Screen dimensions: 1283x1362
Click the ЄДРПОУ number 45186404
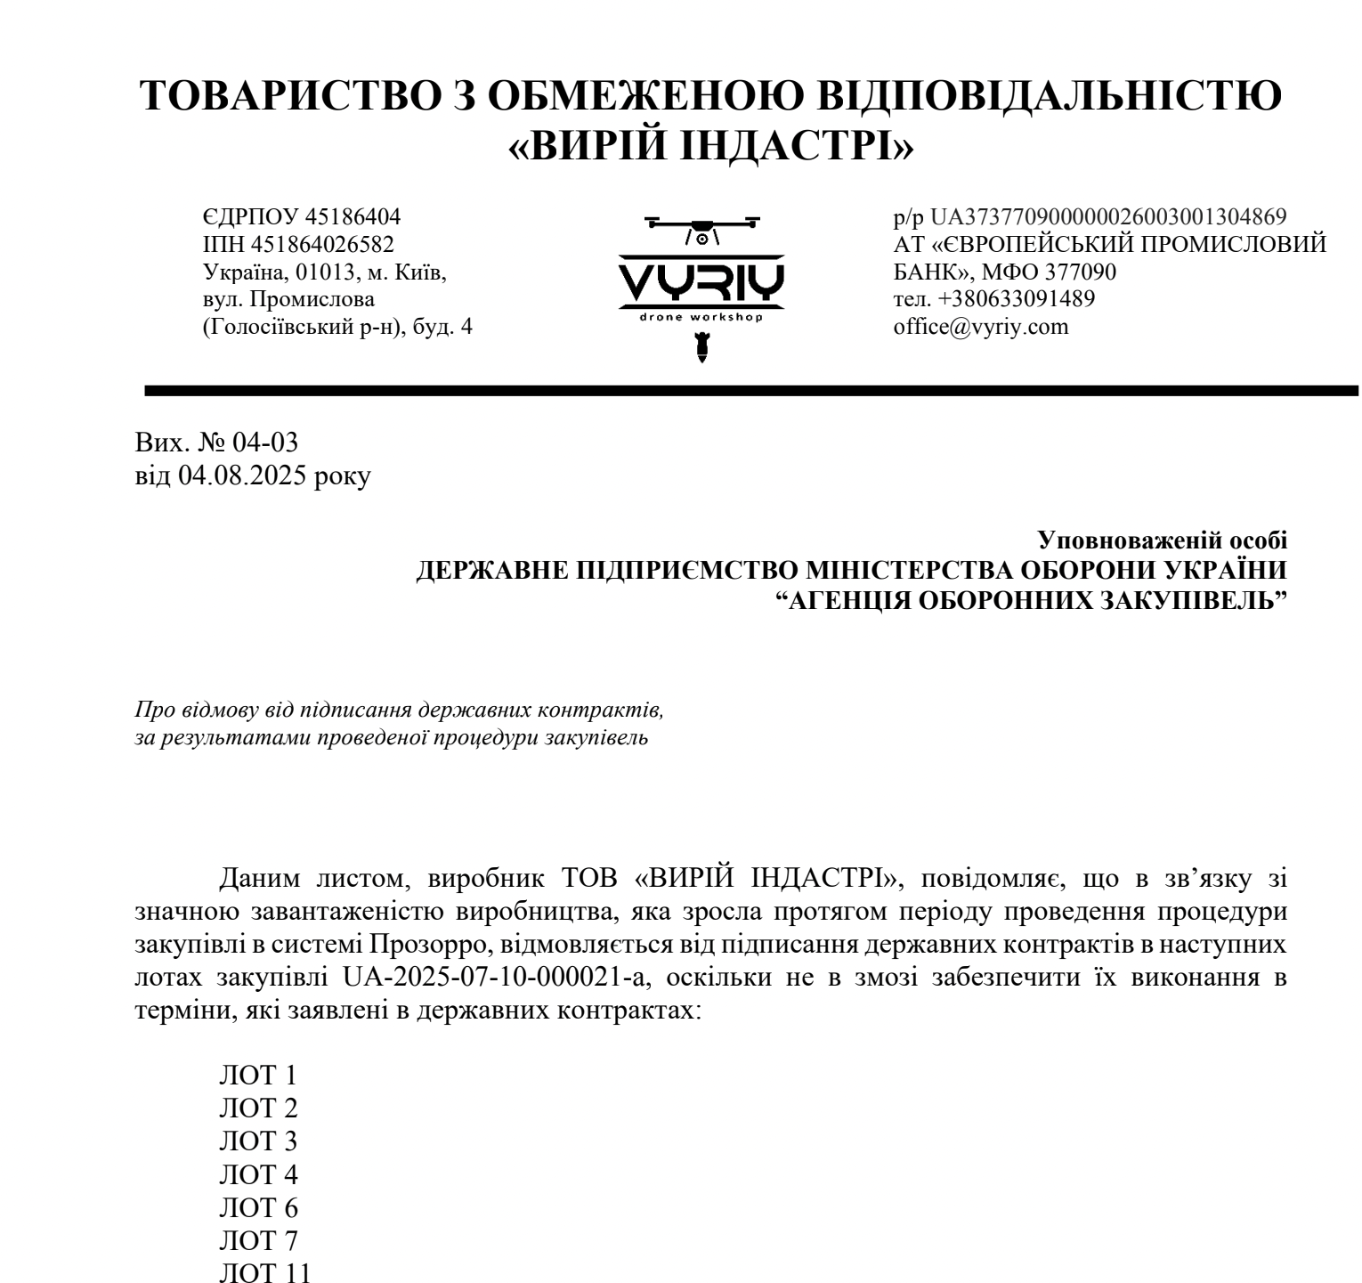tap(353, 216)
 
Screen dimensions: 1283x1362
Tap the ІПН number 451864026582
tap(323, 244)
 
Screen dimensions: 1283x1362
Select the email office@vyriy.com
tap(980, 327)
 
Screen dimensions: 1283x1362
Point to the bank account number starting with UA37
tap(1108, 216)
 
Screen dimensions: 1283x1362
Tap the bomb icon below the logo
tap(701, 346)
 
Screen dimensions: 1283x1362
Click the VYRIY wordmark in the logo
tap(701, 283)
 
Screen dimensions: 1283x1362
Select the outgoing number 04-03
tap(264, 442)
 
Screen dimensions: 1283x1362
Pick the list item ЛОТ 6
tap(258, 1208)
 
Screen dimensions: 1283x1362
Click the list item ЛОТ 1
tap(258, 1076)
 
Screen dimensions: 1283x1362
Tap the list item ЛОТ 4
tap(258, 1175)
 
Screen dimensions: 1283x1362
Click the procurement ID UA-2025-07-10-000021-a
tap(496, 978)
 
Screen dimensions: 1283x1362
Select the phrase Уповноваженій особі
tap(1162, 540)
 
